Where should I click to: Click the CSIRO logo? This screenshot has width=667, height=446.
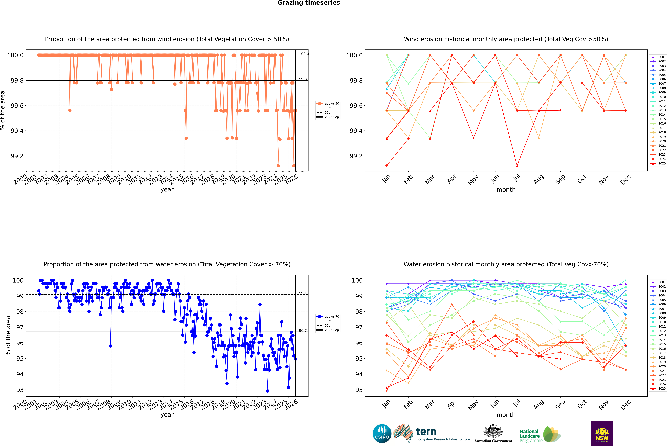[x=382, y=434]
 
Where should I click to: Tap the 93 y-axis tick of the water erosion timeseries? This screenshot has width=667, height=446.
[x=20, y=390]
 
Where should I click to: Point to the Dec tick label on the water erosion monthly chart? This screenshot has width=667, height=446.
[x=626, y=404]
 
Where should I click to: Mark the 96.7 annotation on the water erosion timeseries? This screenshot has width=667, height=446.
[x=303, y=331]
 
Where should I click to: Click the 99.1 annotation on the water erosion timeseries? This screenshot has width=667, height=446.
[x=303, y=293]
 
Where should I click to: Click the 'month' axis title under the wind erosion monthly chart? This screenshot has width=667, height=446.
[x=506, y=190]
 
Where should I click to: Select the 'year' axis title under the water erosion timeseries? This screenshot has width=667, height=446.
[x=167, y=415]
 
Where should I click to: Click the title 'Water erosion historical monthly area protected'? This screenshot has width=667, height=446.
[x=506, y=264]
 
